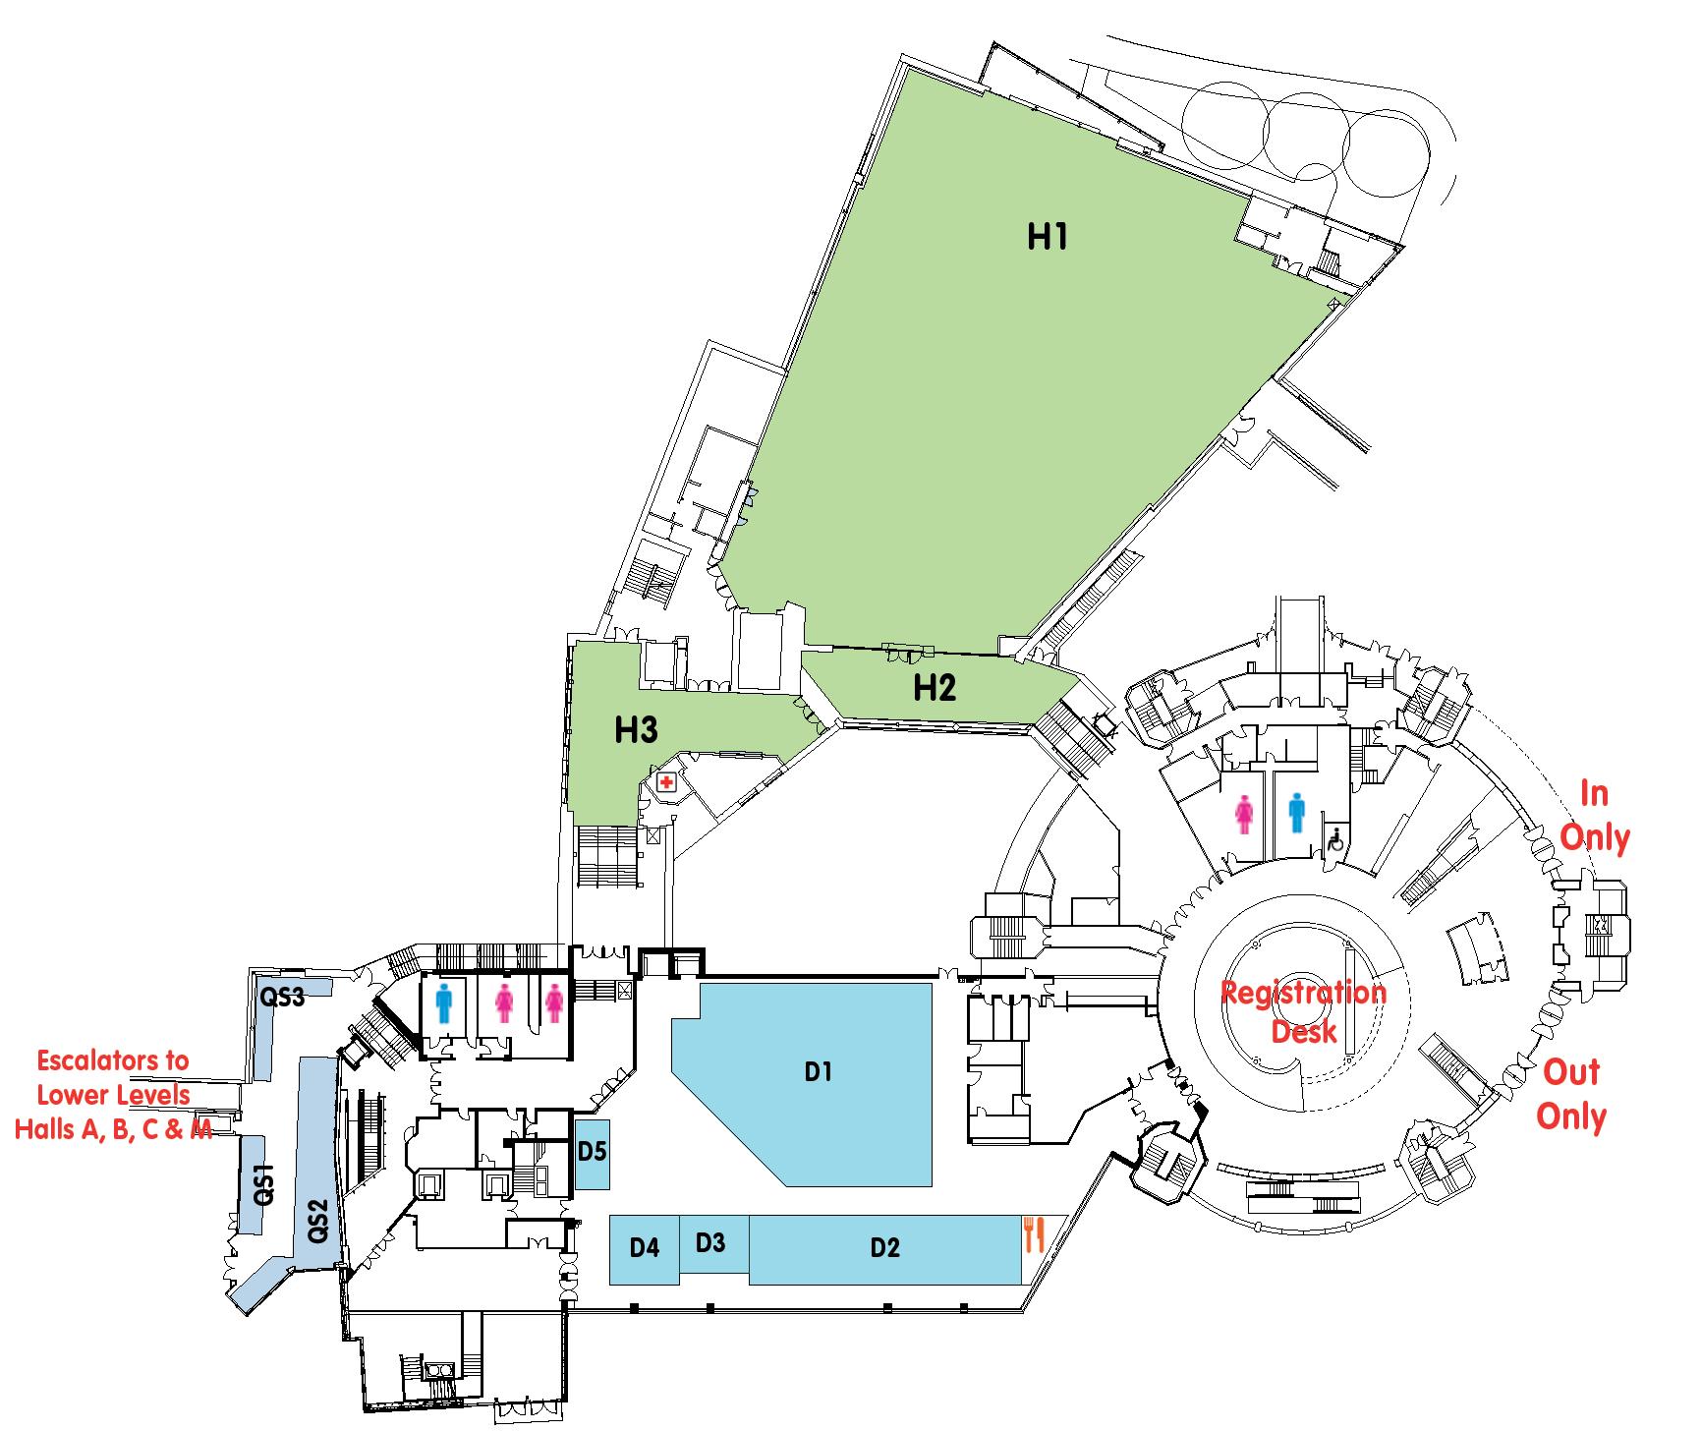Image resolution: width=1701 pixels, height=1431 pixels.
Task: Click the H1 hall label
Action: pos(1047,237)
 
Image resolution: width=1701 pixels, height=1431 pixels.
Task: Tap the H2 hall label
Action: pos(934,688)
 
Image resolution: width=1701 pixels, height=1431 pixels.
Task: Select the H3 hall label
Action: pos(636,730)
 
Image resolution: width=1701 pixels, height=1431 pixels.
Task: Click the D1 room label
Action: pos(819,1071)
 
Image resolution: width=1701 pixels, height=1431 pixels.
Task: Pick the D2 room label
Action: pos(884,1248)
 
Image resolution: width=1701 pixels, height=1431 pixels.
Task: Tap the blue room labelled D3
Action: pos(710,1242)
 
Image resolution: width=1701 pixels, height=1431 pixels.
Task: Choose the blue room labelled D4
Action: pos(645,1248)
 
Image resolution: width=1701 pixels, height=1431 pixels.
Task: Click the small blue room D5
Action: pos(592,1152)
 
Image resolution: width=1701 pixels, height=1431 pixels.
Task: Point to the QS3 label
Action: pos(282,998)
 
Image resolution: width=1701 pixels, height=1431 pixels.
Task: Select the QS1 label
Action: pos(262,1184)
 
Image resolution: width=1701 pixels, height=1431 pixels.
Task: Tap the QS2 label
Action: pos(317,1222)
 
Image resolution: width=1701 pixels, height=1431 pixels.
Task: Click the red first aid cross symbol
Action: pos(666,783)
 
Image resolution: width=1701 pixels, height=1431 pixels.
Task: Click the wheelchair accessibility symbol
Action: pos(1335,840)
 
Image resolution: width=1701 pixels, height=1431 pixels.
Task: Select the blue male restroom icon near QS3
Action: pos(444,1003)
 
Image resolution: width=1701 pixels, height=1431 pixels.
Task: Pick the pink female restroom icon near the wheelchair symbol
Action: pos(1244,815)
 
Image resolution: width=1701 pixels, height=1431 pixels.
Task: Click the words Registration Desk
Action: pos(1303,1011)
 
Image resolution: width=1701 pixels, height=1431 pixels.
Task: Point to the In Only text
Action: pos(1594,815)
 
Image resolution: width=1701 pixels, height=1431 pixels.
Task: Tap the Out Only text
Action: pos(1571,1094)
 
